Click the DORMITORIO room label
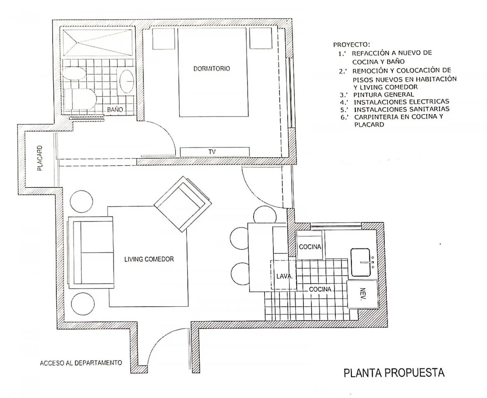[x=212, y=69]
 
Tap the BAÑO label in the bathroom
[x=115, y=110]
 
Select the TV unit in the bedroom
[x=215, y=152]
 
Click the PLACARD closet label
[x=40, y=158]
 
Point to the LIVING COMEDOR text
[x=149, y=259]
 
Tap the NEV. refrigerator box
[x=362, y=294]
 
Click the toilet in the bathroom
[x=80, y=99]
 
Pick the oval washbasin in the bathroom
[x=127, y=81]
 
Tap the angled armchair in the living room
[x=183, y=204]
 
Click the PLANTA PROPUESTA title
[x=394, y=373]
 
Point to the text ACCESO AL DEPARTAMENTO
[x=81, y=363]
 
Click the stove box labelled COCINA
[x=310, y=245]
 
